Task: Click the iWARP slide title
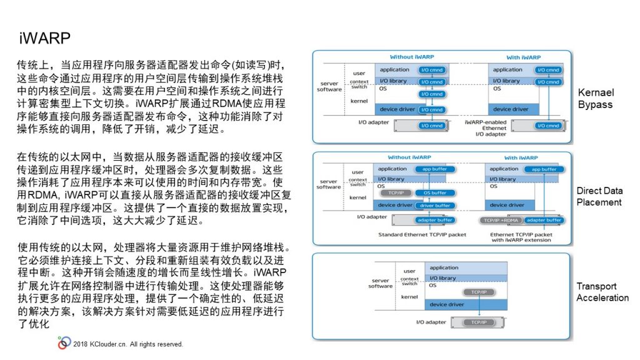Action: click(x=44, y=38)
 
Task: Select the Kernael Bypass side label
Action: click(x=595, y=98)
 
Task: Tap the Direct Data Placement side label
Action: click(x=599, y=196)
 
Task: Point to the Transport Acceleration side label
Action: click(x=602, y=292)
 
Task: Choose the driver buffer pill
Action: click(x=435, y=205)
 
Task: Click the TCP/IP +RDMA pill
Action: click(x=501, y=220)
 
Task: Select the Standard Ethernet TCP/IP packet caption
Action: click(x=422, y=234)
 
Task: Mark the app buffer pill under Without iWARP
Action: click(x=435, y=169)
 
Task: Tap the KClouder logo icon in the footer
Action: click(x=64, y=342)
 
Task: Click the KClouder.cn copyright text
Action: click(x=128, y=344)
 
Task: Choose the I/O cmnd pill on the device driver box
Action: click(x=432, y=109)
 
